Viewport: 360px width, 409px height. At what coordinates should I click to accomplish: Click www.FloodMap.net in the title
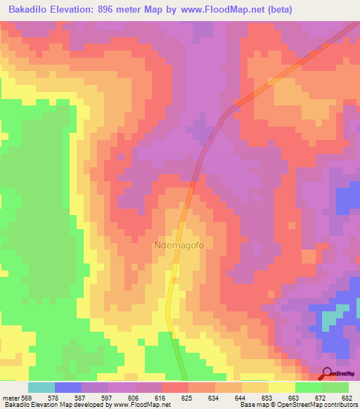(x=219, y=10)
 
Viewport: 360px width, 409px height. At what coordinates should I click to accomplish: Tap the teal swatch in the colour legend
(x=41, y=387)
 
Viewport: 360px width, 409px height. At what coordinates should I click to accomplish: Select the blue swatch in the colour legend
(x=68, y=387)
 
